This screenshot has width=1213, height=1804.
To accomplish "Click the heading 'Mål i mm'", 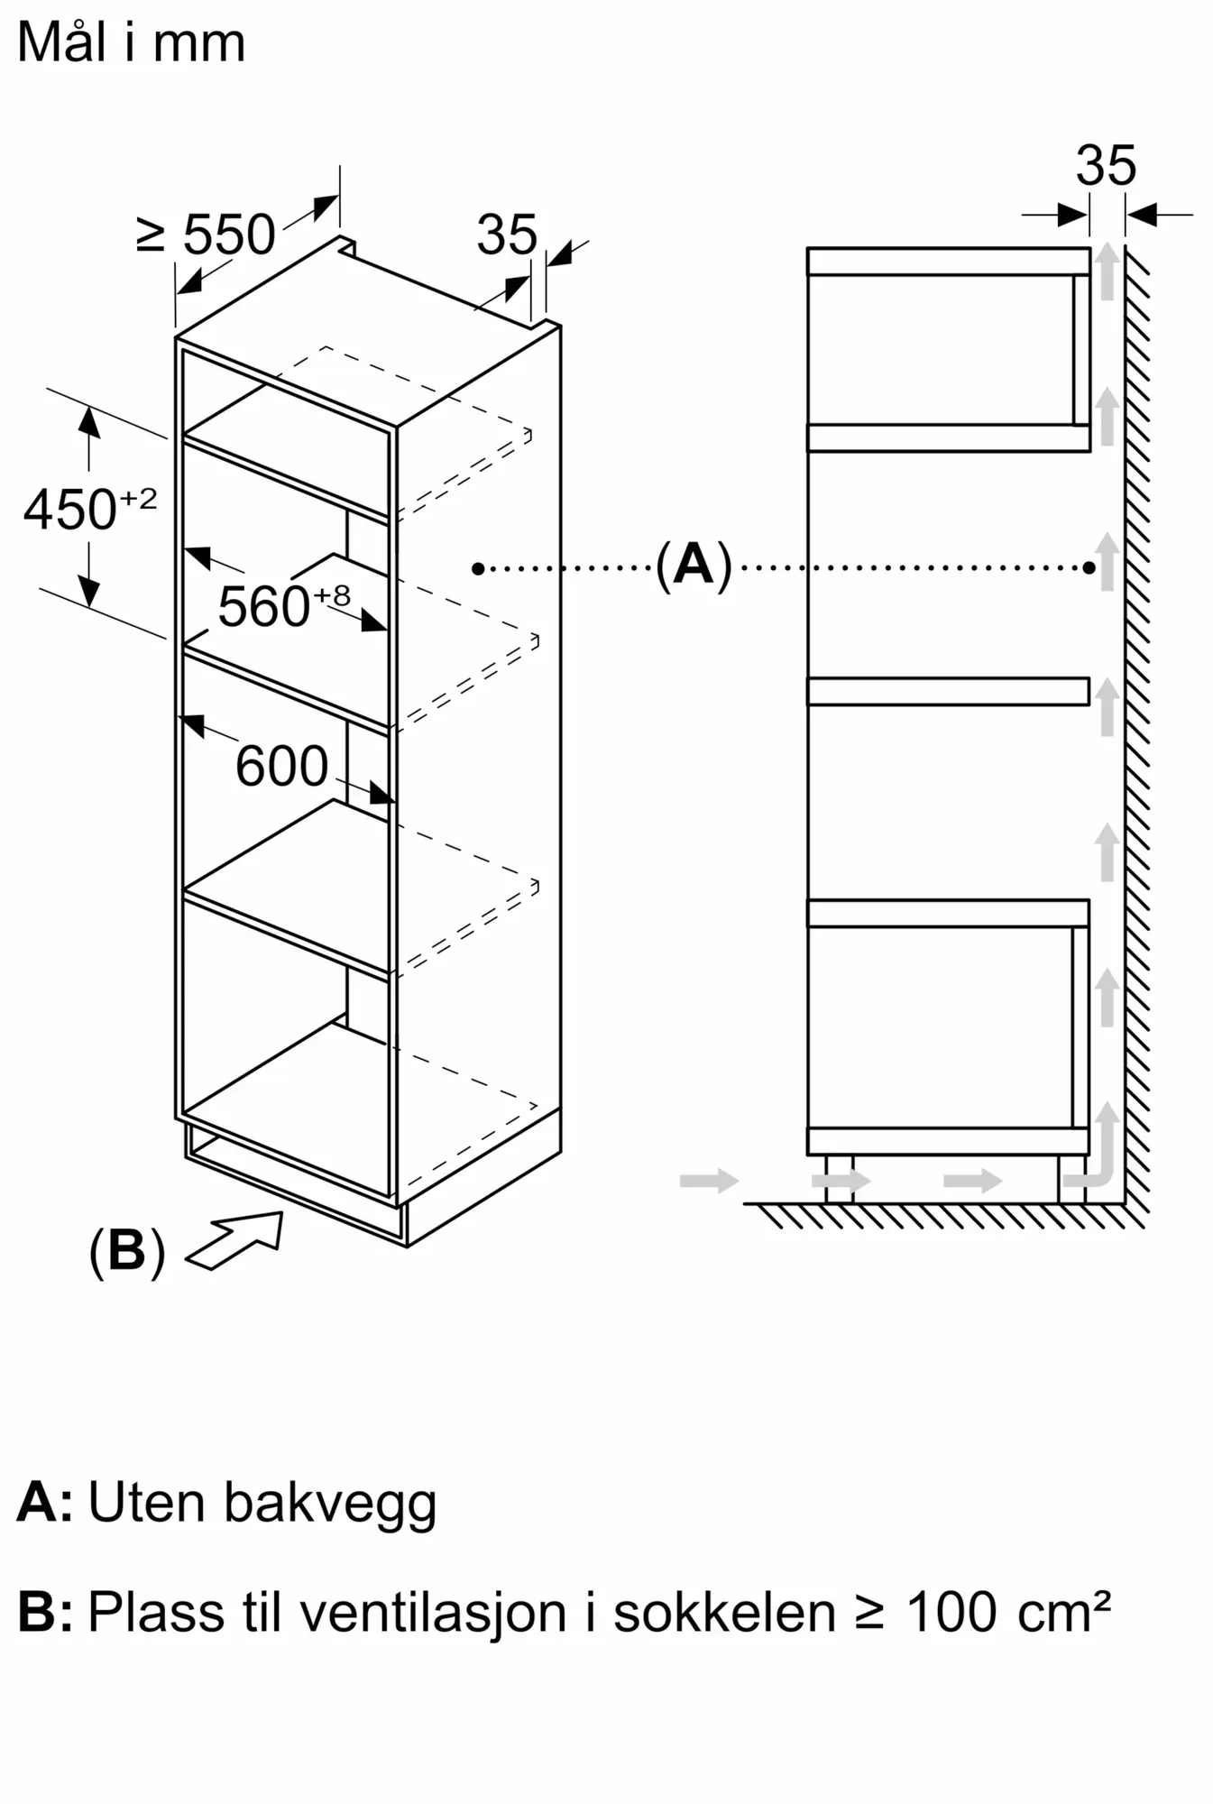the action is (131, 42).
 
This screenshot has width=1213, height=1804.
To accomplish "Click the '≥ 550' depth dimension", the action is (206, 235).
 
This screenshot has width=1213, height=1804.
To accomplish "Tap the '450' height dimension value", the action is (70, 510).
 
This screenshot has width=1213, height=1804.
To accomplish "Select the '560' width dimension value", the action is (264, 606).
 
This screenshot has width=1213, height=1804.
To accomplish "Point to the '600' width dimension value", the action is (281, 767).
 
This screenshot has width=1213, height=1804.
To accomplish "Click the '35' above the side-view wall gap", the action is (1106, 166).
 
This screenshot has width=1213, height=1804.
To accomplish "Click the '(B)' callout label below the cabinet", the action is (127, 1251).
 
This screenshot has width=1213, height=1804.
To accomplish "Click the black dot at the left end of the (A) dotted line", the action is (478, 568).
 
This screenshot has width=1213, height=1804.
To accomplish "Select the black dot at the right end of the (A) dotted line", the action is (1089, 568).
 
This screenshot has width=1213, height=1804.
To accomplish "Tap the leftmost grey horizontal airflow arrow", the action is (709, 1181).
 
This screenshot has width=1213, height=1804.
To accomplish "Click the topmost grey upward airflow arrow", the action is (1107, 272).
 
